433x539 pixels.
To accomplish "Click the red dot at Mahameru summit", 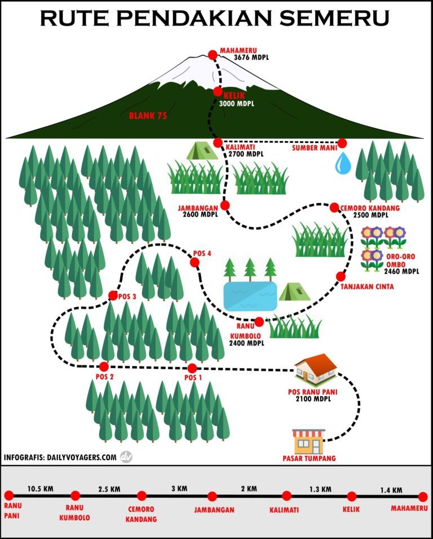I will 213,55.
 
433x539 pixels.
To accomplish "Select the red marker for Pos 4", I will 195,262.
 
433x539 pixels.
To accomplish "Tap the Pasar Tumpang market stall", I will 308,441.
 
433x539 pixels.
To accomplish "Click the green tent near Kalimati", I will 202,151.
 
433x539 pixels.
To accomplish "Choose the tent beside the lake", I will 294,291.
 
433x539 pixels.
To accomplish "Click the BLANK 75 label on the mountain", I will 150,116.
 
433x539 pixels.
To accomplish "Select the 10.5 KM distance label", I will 41,489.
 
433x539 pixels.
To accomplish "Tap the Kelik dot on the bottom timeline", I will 352,497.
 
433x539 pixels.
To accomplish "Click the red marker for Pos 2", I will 104,366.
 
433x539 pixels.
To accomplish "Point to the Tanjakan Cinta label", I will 367,287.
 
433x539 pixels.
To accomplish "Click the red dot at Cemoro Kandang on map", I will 334,207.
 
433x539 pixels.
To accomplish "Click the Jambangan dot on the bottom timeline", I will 213,497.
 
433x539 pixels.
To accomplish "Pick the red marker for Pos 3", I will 113,295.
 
